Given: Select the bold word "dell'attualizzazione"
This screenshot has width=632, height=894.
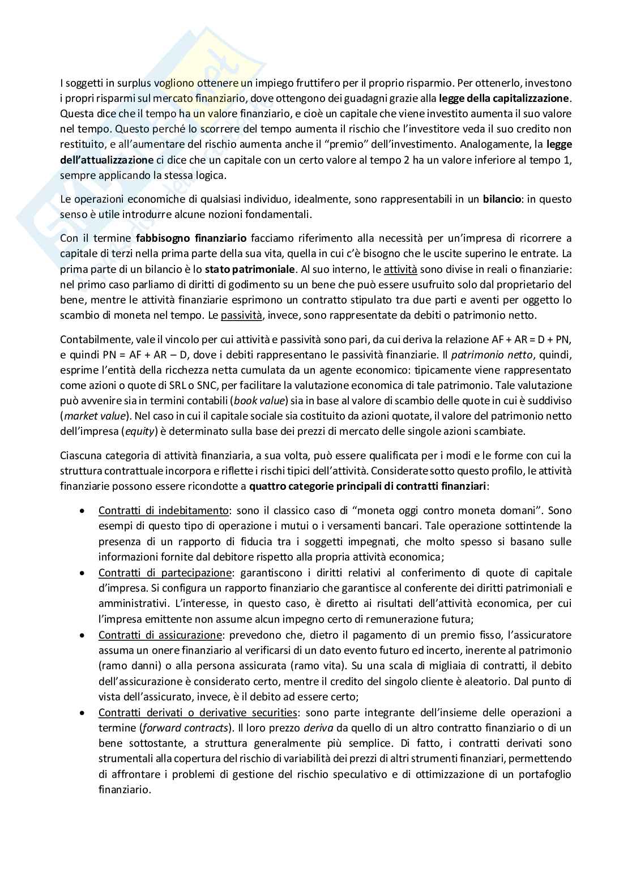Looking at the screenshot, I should pyautogui.click(x=106, y=160).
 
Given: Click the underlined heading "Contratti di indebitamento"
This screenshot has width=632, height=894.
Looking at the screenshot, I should pyautogui.click(x=164, y=511).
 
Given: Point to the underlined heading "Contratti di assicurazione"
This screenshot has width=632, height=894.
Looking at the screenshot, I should pyautogui.click(x=160, y=635).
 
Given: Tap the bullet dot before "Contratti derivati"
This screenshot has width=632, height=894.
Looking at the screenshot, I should pyautogui.click(x=83, y=713).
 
